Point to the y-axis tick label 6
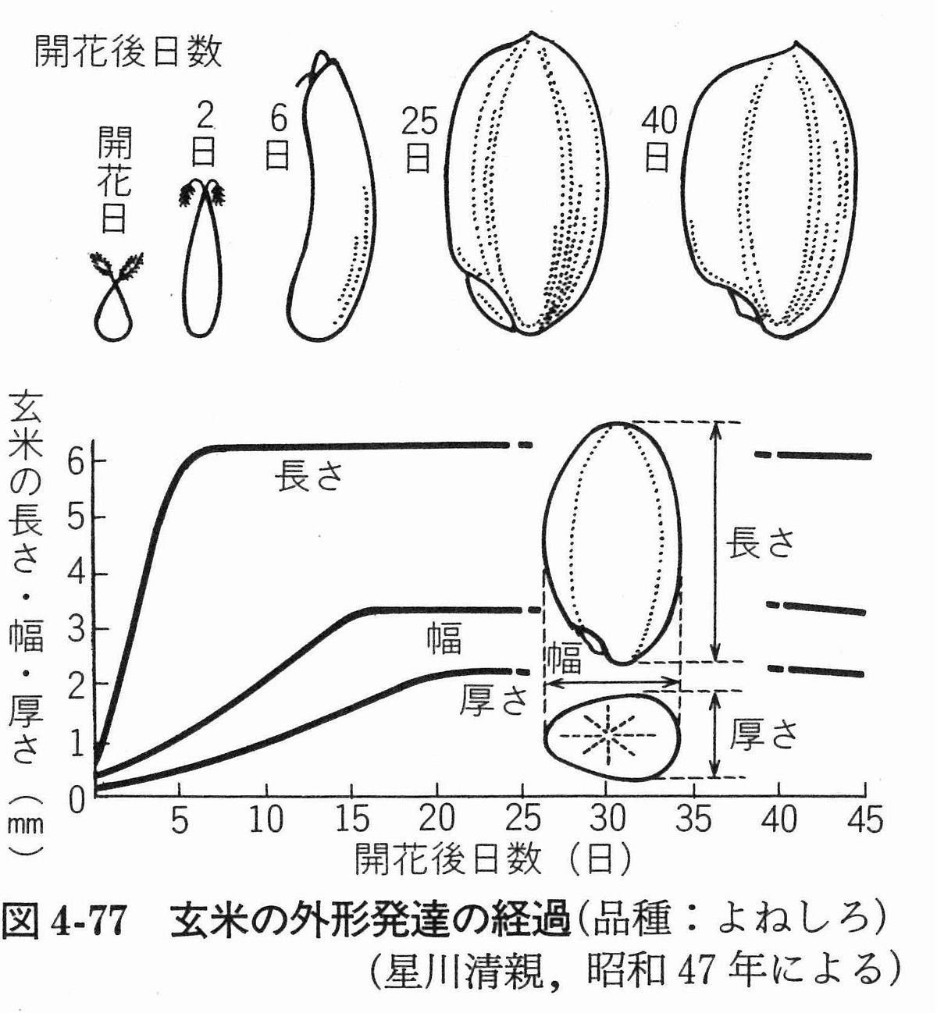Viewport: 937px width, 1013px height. pos(75,460)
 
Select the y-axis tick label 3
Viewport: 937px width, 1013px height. pos(75,629)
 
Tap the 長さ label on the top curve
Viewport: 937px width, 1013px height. pos(309,476)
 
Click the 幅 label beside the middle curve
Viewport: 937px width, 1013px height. pos(444,638)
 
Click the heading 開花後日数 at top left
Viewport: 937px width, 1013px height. pos(128,52)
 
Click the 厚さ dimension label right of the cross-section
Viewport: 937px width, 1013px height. pos(763,734)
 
